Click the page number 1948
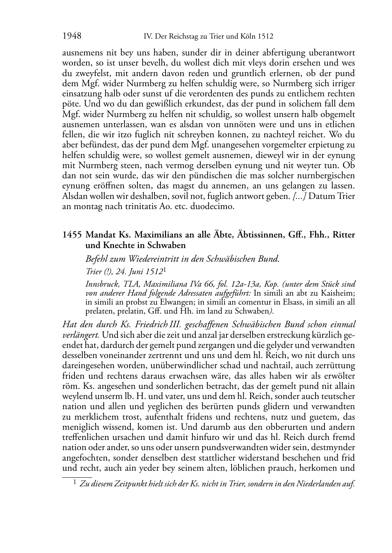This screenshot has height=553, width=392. pyautogui.click(x=72, y=37)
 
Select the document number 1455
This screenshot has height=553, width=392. pyautogui.click(x=72, y=235)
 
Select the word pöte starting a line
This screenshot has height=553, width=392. pyautogui.click(x=70, y=105)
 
